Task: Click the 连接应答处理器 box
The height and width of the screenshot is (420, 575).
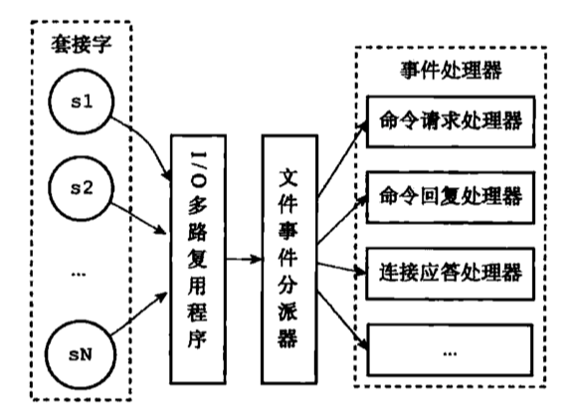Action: (450, 270)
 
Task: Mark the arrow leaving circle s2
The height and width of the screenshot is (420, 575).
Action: (139, 217)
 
